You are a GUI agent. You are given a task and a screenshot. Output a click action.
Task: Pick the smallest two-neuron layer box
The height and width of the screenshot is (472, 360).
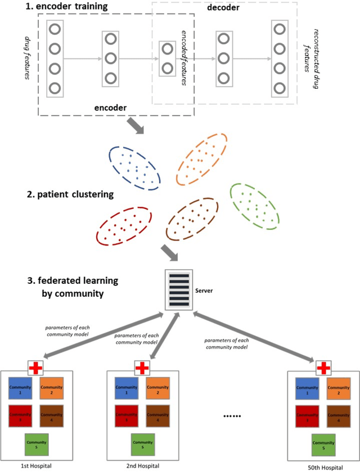tap(167, 58)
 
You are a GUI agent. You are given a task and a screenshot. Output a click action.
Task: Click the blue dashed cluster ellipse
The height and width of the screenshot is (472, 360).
tap(133, 166)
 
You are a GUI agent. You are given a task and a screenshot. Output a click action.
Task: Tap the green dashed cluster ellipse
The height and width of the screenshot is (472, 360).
tap(255, 205)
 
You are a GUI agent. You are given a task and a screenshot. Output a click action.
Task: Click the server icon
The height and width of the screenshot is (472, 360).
tap(180, 289)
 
